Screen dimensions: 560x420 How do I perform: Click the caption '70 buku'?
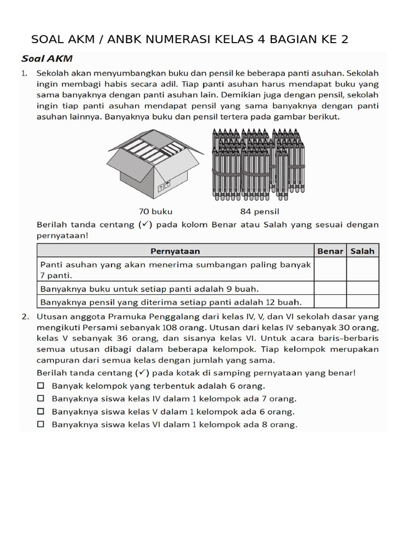coord(156,211)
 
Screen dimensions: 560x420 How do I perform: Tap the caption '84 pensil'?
coord(260,211)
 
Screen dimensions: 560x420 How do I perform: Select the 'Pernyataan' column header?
coord(175,251)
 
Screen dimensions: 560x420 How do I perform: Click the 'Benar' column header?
coord(330,251)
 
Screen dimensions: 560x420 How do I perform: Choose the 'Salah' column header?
coord(363,251)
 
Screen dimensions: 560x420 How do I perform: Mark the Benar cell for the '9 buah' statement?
coord(330,288)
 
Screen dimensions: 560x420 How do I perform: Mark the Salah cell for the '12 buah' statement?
coord(363,301)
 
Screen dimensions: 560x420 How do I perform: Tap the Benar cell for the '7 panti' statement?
coord(330,270)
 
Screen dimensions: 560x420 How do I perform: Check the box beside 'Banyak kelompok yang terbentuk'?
coord(41,386)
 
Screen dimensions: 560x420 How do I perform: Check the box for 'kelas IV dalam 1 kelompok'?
coord(41,399)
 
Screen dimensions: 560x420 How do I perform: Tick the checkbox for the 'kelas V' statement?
coord(41,411)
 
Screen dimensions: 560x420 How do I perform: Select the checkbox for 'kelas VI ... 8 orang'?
coord(41,424)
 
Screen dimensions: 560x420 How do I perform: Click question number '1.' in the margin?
coord(25,73)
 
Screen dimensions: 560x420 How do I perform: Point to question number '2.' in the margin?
coord(25,317)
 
